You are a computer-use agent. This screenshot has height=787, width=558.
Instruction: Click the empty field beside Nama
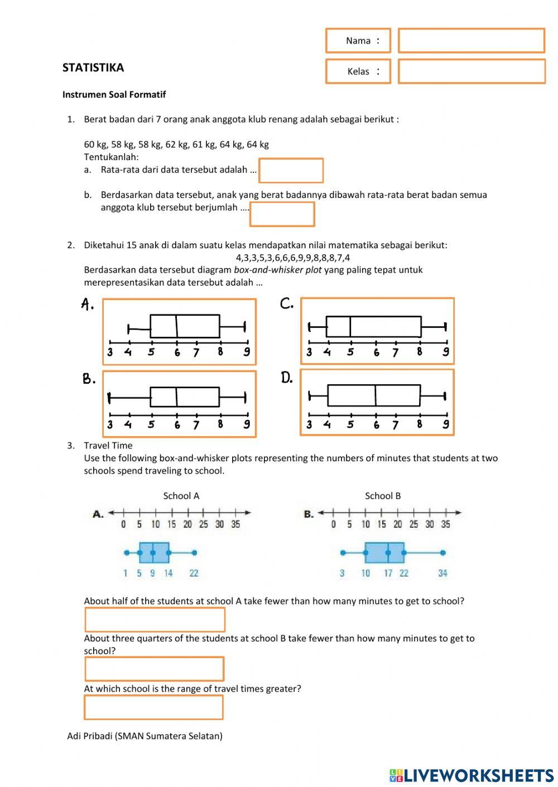click(471, 41)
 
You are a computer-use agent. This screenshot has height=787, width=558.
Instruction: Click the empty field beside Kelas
click(471, 71)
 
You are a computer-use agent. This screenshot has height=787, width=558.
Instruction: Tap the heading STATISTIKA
click(93, 67)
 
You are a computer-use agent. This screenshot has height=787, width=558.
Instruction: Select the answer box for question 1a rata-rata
click(291, 171)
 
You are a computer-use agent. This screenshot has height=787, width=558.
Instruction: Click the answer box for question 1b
click(282, 214)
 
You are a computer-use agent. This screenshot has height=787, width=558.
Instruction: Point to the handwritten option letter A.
click(87, 304)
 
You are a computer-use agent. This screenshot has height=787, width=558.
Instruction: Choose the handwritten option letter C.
click(286, 303)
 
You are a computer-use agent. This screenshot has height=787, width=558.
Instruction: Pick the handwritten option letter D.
click(286, 378)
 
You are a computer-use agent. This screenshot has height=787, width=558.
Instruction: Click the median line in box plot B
click(176, 397)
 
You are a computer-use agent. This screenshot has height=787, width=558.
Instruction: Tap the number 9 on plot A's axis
click(246, 352)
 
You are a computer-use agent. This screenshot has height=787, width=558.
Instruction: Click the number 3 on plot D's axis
click(309, 425)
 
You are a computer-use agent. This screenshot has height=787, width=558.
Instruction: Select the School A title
click(181, 496)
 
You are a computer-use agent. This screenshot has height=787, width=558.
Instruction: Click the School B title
click(383, 496)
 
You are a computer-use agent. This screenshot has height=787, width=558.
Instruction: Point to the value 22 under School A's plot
click(194, 573)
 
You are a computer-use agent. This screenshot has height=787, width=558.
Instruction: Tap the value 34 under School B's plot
click(442, 573)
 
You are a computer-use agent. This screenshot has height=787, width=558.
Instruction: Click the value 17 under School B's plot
click(388, 573)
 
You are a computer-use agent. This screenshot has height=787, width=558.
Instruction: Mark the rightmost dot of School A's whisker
click(194, 553)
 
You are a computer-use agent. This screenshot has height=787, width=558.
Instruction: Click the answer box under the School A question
click(155, 620)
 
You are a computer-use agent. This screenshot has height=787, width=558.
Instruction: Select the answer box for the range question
click(153, 707)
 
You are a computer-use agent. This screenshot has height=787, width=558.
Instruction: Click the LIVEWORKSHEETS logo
click(472, 775)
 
